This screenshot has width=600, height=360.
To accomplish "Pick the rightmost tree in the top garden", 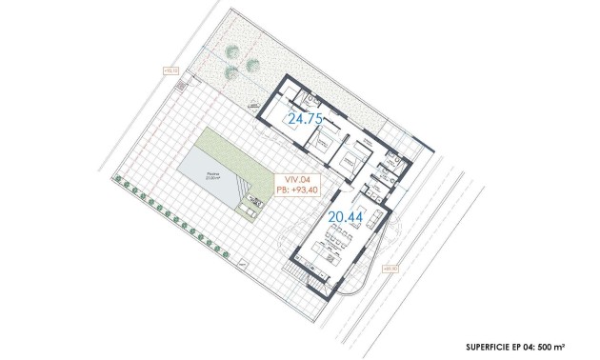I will (252, 65).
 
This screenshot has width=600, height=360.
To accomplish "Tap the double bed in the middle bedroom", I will (348, 153).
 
